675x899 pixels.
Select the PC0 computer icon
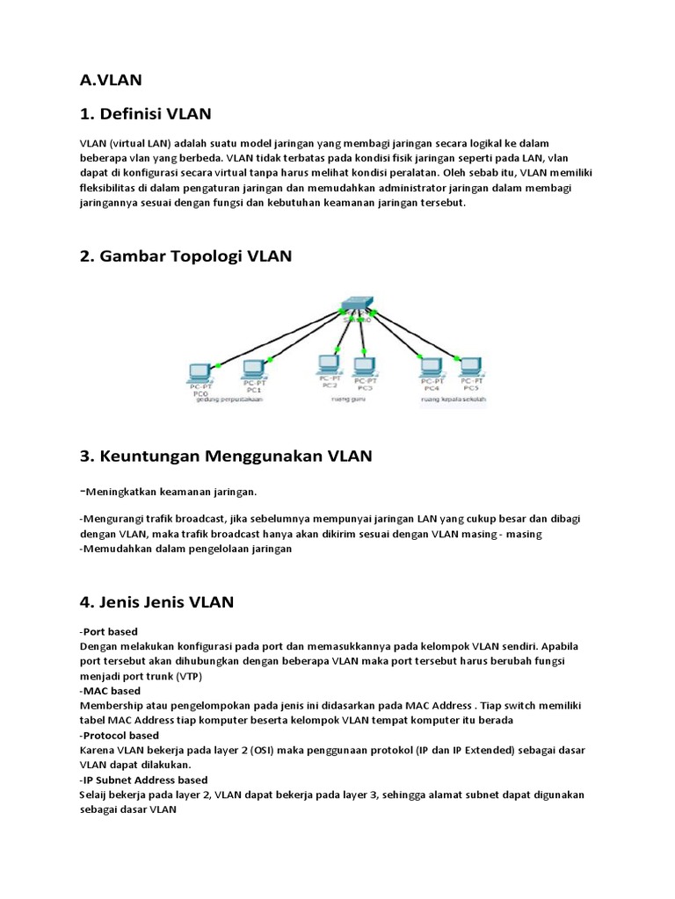pyautogui.click(x=200, y=369)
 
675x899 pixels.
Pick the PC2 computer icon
pyautogui.click(x=329, y=364)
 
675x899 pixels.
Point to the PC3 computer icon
pyautogui.click(x=364, y=365)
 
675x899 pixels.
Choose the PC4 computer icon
pyautogui.click(x=431, y=368)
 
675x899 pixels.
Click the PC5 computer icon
pyautogui.click(x=471, y=368)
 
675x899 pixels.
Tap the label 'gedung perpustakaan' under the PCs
pyautogui.click(x=226, y=399)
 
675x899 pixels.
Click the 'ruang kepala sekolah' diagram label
pyautogui.click(x=452, y=399)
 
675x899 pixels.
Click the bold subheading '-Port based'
pyautogui.click(x=108, y=632)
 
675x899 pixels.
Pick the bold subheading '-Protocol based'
pyautogui.click(x=119, y=735)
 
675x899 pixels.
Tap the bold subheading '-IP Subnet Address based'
pyautogui.click(x=143, y=780)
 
